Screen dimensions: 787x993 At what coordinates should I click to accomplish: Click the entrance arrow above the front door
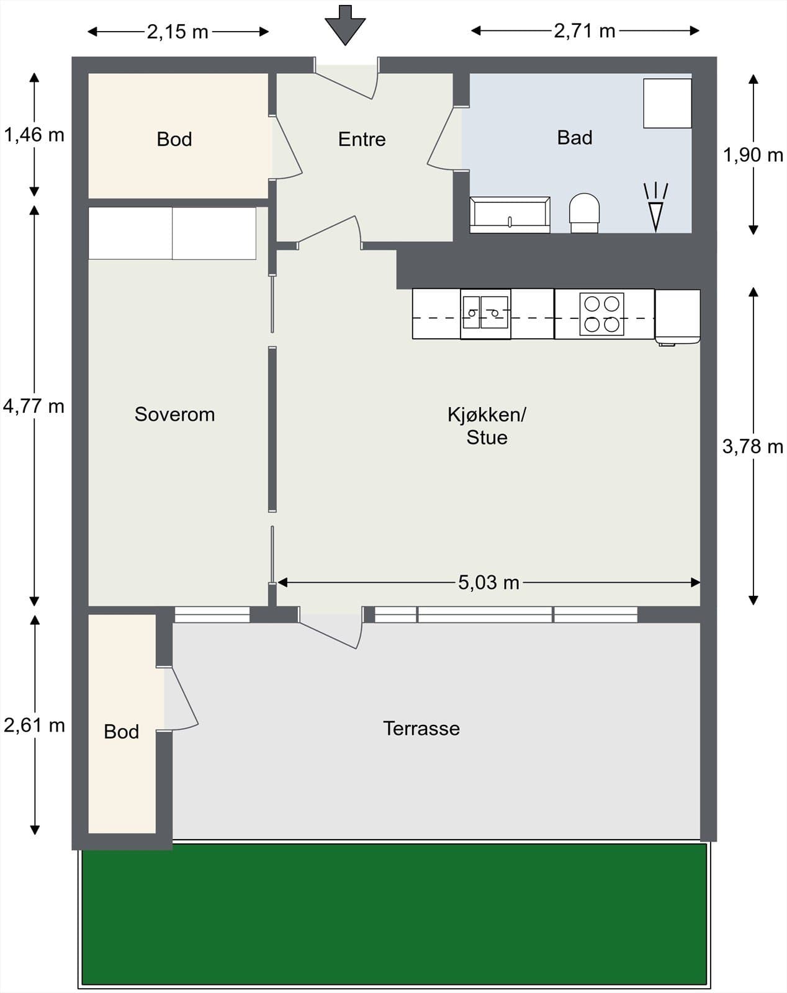(345, 25)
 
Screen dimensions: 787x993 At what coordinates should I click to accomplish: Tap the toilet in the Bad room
(585, 213)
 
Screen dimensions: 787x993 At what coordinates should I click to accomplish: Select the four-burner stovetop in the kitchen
(602, 314)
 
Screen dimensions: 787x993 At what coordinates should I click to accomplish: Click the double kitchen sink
(485, 314)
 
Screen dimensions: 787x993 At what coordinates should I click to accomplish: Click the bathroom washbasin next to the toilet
(510, 215)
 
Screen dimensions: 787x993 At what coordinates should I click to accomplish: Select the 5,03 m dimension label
(489, 582)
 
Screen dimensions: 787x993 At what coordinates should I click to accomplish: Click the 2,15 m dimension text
(178, 32)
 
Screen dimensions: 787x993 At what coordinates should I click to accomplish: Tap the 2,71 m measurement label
(585, 31)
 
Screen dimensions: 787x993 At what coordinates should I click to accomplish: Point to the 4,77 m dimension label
(34, 406)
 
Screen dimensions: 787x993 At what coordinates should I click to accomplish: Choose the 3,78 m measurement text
(753, 446)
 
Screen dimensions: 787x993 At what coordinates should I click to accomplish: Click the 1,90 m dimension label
(753, 155)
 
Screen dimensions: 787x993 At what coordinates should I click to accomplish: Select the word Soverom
(174, 414)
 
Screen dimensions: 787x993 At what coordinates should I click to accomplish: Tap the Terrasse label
(421, 728)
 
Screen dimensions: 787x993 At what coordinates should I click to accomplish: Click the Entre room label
(362, 139)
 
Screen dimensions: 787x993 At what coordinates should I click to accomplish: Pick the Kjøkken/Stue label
(487, 426)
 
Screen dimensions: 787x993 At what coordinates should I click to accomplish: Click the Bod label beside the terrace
(122, 731)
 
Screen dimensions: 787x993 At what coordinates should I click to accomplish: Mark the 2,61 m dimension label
(34, 725)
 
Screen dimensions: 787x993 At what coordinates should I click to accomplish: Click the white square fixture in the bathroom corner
(667, 104)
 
